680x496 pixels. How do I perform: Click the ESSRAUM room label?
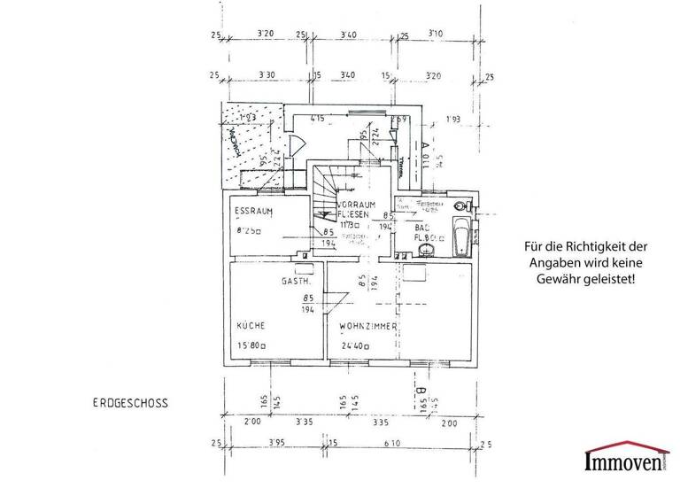pos(252,213)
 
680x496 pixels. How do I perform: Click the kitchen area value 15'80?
pos(251,346)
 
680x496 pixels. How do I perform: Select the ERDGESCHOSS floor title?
pos(130,401)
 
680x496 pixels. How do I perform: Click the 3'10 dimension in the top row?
pos(435,35)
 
